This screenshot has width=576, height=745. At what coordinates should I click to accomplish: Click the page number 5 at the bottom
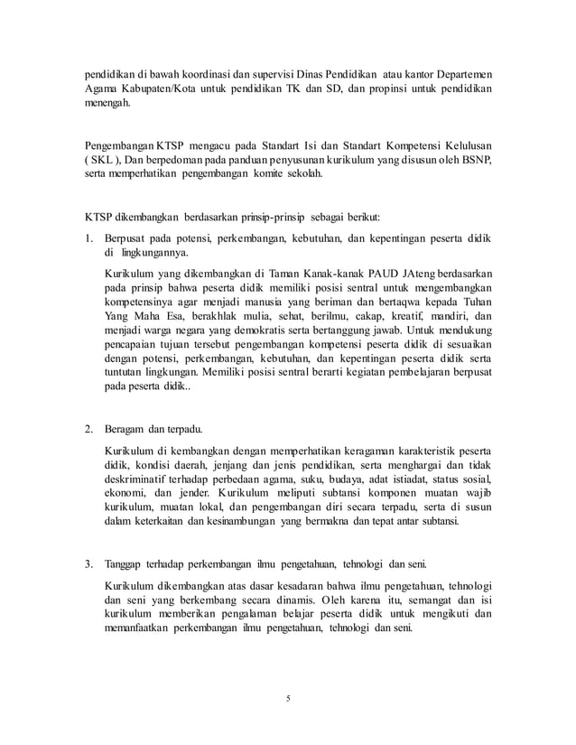click(x=287, y=697)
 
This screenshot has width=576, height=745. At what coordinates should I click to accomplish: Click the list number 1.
click(x=88, y=238)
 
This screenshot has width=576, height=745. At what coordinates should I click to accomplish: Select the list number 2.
click(x=88, y=431)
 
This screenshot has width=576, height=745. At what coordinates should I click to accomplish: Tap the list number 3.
click(x=88, y=565)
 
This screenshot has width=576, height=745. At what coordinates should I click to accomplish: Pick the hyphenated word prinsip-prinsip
click(x=272, y=218)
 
